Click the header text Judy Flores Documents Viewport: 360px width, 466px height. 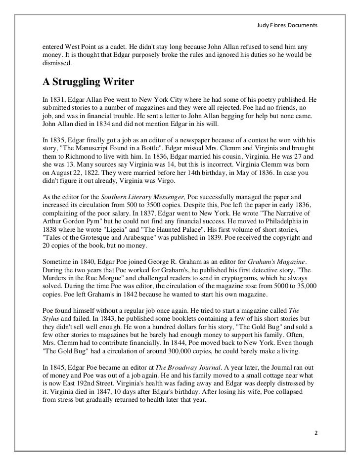(289, 25)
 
